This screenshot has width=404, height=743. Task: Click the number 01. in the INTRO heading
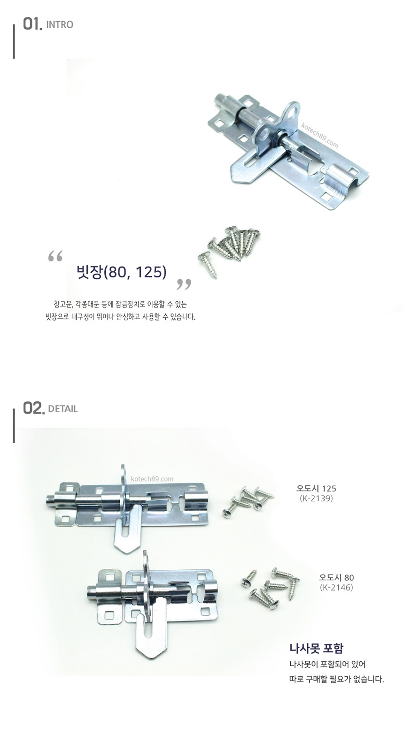click(32, 24)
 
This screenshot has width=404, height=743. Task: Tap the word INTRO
click(60, 25)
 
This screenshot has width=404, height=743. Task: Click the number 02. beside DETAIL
click(33, 408)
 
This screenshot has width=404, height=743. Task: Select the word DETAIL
click(63, 409)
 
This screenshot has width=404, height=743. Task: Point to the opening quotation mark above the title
click(55, 256)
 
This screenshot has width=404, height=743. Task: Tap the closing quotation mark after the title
click(184, 284)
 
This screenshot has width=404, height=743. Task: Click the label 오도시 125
click(316, 488)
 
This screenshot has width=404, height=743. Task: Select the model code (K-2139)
click(316, 498)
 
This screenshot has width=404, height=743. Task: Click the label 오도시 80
click(336, 577)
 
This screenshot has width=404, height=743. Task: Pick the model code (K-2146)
click(336, 587)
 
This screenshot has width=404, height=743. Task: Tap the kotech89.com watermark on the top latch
click(319, 135)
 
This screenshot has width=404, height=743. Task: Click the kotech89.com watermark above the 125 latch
click(152, 479)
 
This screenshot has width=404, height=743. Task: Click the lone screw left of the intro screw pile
click(208, 265)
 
